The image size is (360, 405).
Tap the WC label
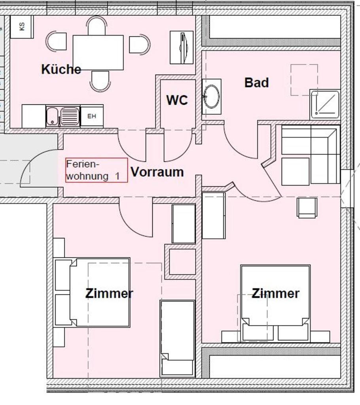[177, 100]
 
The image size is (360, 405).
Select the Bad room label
[256, 83]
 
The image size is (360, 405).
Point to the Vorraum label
[157, 172]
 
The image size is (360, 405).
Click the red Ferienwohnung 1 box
[97, 170]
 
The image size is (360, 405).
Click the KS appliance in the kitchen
[22, 27]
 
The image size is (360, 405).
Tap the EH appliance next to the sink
[92, 116]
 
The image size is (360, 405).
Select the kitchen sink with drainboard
[63, 117]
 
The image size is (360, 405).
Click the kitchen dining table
[98, 53]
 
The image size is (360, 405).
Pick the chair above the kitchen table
[97, 26]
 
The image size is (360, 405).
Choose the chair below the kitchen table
[100, 81]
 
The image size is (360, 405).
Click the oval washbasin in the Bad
[212, 97]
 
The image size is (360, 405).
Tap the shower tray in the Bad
[325, 104]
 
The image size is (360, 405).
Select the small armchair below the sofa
[307, 208]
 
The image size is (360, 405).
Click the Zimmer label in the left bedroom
[109, 293]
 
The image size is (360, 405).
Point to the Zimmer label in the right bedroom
[275, 293]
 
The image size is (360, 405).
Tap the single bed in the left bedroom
[177, 338]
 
